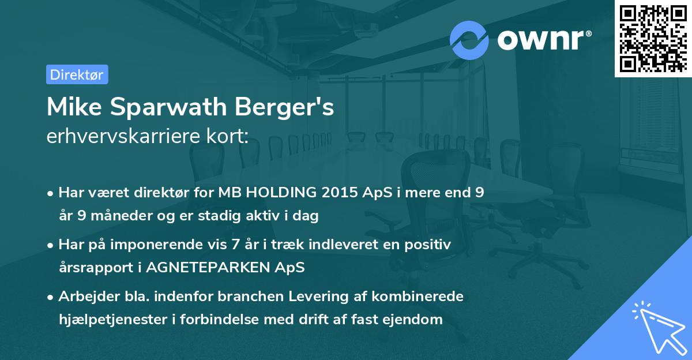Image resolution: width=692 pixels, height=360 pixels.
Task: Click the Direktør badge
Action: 77,74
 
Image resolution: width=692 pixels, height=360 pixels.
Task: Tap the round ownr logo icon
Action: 469,40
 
